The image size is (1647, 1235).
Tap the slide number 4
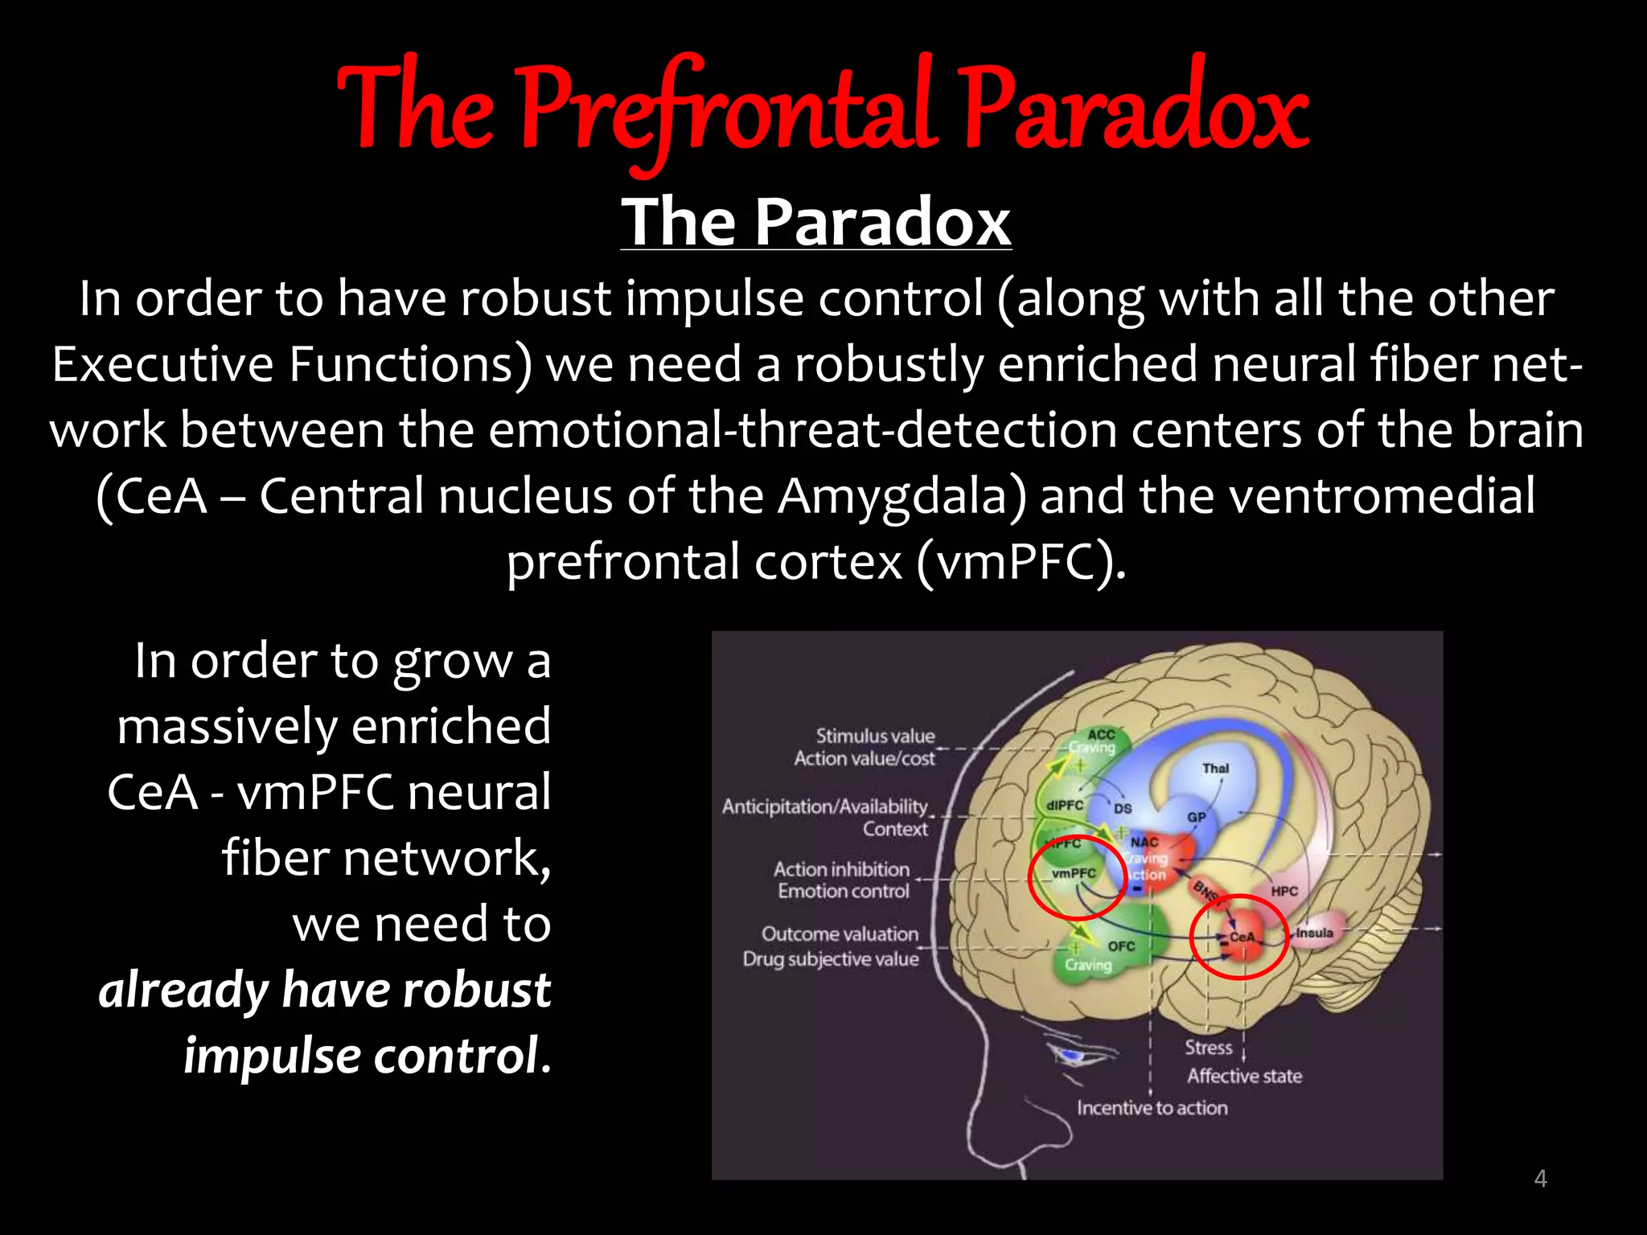point(1540,1179)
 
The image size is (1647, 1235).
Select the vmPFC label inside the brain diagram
point(1074,873)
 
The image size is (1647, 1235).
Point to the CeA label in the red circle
point(1242,937)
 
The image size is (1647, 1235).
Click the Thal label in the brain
point(1215,768)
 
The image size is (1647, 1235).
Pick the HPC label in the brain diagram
point(1284,891)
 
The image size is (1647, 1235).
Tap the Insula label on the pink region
point(1314,933)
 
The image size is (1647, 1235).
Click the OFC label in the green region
point(1121,946)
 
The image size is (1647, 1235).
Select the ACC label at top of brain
point(1101,734)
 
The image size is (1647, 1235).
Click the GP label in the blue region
point(1197,817)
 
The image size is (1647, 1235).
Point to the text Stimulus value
point(875,736)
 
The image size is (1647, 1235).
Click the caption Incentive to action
point(1152,1108)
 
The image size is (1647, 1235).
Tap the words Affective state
point(1244,1076)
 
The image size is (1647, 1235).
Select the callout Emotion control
point(843,891)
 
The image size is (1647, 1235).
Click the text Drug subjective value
point(830,959)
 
